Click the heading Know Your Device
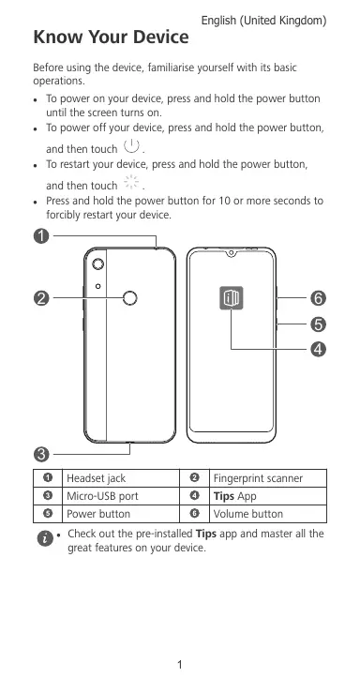[111, 38]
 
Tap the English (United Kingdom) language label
[263, 21]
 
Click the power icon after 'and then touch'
[131, 145]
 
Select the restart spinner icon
[131, 182]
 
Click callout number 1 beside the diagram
[41, 236]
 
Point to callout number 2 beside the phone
[41, 299]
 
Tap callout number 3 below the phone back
[41, 454]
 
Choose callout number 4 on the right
[318, 350]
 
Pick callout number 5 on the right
[318, 324]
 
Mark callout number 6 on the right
[318, 299]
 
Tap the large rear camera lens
[98, 264]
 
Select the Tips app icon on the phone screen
[232, 298]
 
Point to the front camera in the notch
[231, 253]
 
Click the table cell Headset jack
[96, 478]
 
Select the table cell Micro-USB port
[102, 496]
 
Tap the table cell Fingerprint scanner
[259, 478]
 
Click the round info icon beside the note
[45, 538]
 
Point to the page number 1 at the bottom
[180, 664]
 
